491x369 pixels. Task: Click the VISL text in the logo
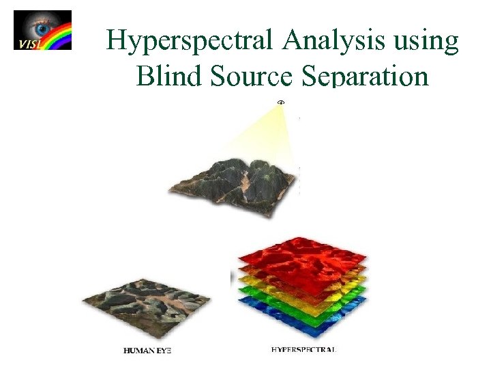(x=25, y=44)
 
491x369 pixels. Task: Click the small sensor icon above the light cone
(x=280, y=102)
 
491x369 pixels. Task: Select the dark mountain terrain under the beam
(x=235, y=181)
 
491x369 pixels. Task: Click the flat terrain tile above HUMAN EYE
(x=146, y=301)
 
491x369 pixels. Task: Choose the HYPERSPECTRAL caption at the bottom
(x=303, y=349)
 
